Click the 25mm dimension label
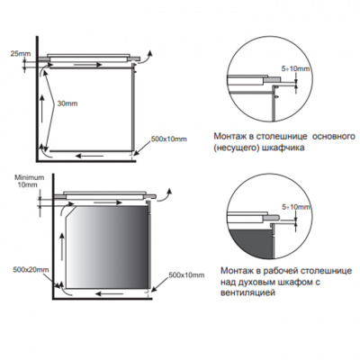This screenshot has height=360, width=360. pos(21,54)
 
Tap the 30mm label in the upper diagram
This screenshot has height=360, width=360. pos(67,103)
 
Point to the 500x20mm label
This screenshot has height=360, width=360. pos(31,269)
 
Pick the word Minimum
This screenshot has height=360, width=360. pos(30,177)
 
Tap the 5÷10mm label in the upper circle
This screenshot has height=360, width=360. pos(296,69)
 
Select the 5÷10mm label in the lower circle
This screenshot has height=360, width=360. pos(296,207)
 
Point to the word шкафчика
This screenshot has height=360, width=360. pos(283,148)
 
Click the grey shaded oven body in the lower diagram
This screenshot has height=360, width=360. pos(107,247)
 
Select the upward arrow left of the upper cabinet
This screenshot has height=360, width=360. pos(42,109)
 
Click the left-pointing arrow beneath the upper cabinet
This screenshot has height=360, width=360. pos(90,156)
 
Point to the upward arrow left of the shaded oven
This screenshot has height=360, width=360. pos(61,247)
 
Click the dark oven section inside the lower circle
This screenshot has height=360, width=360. pos(251,244)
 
